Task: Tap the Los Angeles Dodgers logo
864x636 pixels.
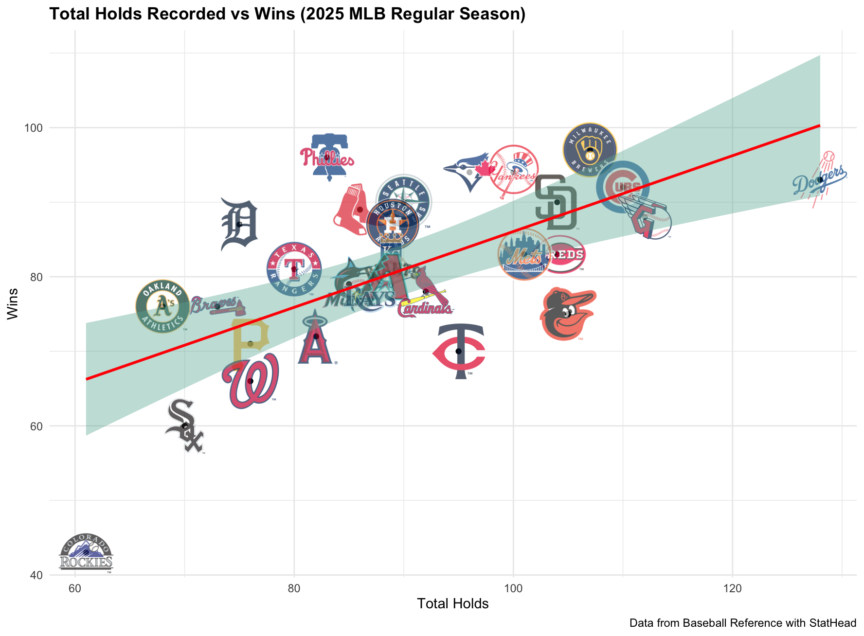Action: (820, 180)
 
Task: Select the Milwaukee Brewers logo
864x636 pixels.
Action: (590, 150)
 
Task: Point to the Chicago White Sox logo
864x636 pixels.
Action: (184, 426)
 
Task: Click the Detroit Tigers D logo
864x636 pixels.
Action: (239, 224)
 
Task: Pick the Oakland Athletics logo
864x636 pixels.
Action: (162, 306)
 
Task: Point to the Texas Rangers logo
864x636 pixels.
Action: (294, 269)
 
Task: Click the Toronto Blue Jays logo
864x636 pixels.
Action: (468, 172)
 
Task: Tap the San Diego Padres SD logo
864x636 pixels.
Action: (557, 202)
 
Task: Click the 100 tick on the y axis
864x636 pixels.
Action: (37, 128)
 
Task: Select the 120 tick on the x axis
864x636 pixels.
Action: (732, 589)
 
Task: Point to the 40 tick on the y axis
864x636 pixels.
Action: (37, 575)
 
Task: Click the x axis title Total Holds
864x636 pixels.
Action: (452, 604)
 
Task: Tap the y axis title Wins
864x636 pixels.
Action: (13, 303)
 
